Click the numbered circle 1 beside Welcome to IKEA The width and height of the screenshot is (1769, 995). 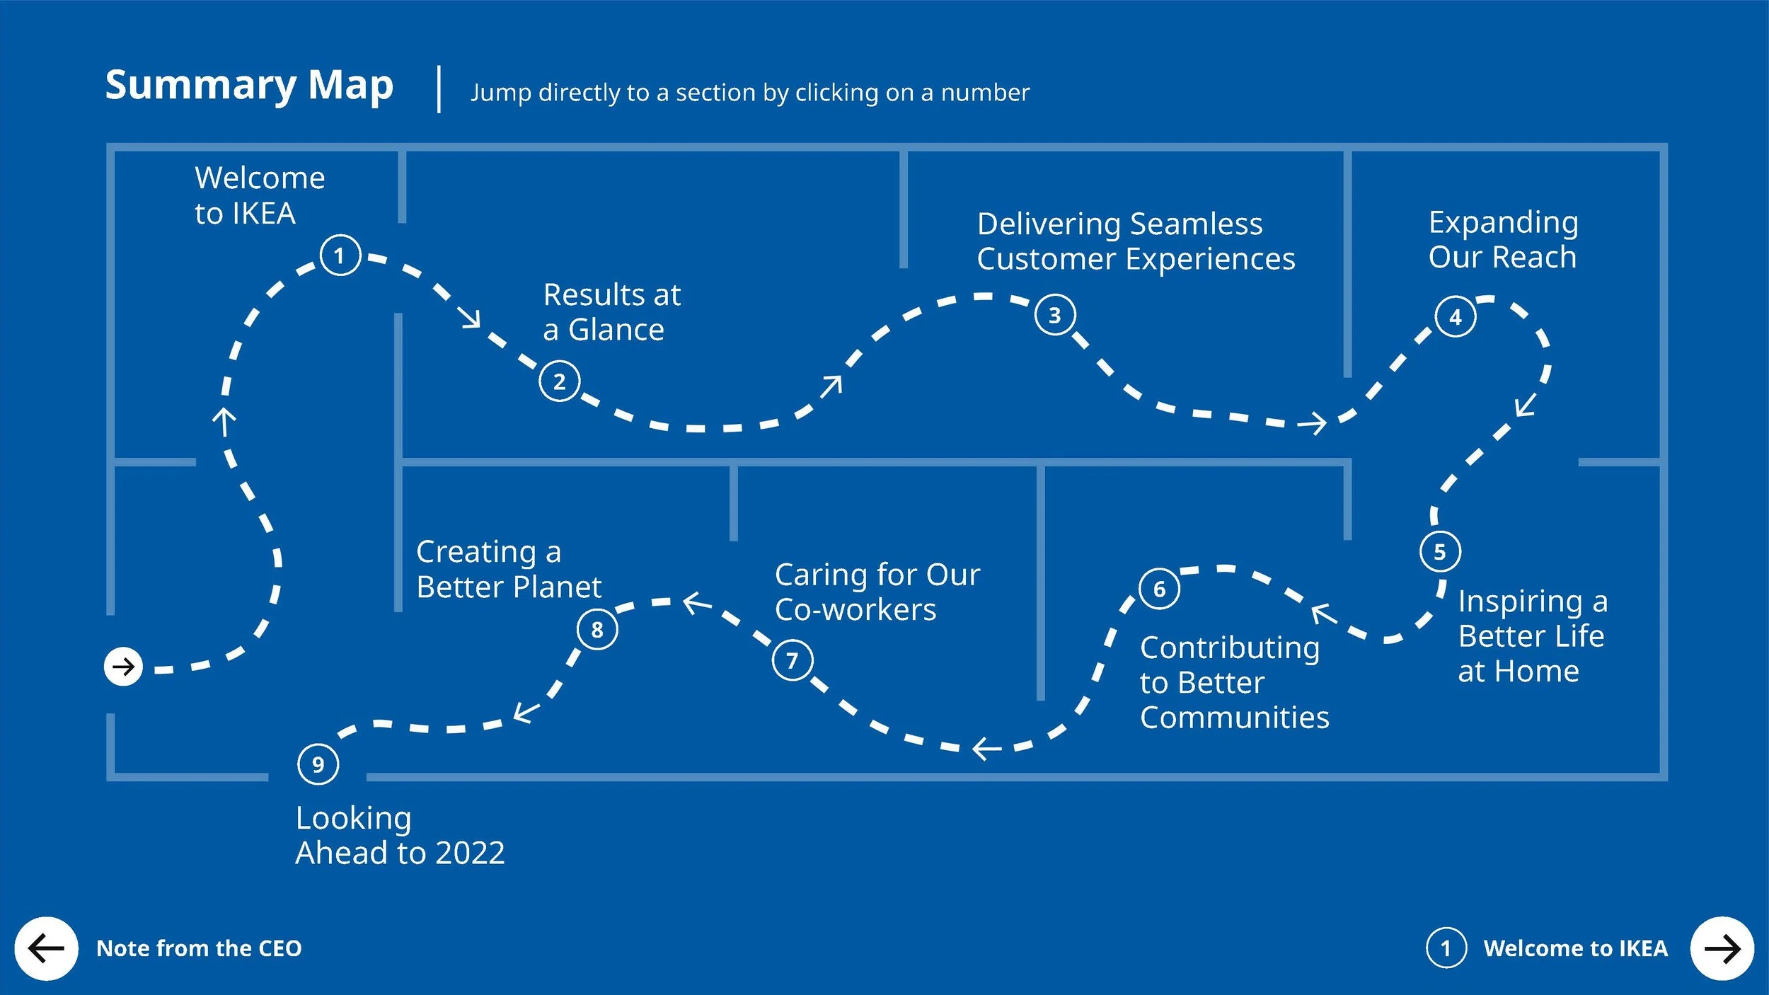click(340, 255)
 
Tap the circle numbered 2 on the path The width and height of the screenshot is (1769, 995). click(559, 381)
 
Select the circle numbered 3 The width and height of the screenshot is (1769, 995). click(1055, 315)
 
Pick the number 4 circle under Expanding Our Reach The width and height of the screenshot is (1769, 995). click(1456, 316)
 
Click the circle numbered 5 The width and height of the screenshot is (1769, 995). click(1440, 551)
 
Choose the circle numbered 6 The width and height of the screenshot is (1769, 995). click(1159, 588)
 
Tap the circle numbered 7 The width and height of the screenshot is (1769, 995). click(793, 660)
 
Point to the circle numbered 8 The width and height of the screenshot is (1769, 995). click(597, 628)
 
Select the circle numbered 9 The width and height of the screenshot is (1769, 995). click(318, 764)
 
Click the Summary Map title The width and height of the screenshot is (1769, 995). click(249, 86)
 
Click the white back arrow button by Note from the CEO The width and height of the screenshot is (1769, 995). click(46, 948)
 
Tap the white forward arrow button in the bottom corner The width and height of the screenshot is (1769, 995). click(1722, 948)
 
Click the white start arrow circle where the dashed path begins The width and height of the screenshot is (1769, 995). click(123, 667)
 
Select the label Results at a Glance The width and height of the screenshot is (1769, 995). click(612, 312)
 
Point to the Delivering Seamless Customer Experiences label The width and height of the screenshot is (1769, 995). click(1136, 241)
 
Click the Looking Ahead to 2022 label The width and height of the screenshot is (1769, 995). click(401, 835)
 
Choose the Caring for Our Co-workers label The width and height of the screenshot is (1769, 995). click(877, 592)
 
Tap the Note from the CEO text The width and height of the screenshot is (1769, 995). click(199, 948)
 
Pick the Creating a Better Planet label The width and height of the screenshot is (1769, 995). click(509, 569)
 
